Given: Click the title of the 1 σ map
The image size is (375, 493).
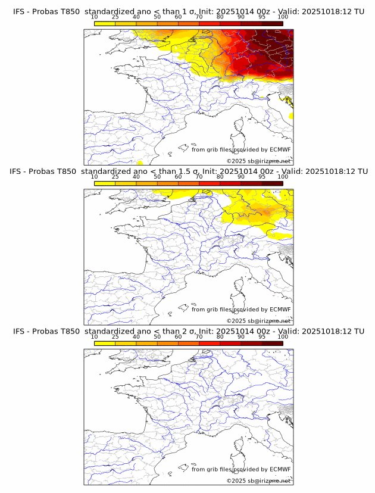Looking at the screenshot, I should pyautogui.click(x=188, y=11).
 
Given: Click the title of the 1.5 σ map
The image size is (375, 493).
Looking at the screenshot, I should pyautogui.click(x=188, y=171).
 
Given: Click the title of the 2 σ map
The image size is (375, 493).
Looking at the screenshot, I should pyautogui.click(x=188, y=330).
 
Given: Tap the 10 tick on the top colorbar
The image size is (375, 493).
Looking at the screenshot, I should pyautogui.click(x=95, y=17).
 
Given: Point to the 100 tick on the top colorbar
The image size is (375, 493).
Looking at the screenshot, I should pyautogui.click(x=283, y=17).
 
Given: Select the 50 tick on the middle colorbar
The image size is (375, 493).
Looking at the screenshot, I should pyautogui.click(x=157, y=177).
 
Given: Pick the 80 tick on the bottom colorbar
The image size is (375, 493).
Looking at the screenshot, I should pyautogui.click(x=220, y=336).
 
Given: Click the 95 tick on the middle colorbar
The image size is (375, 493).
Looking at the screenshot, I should pyautogui.click(x=262, y=177).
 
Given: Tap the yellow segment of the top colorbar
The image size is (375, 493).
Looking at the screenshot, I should pyautogui.click(x=105, y=23).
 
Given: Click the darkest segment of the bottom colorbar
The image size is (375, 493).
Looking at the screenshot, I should pyautogui.click(x=272, y=343).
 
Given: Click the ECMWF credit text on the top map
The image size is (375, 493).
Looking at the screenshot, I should pyautogui.click(x=241, y=149).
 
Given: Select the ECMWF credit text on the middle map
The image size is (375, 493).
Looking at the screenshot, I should pyautogui.click(x=241, y=309).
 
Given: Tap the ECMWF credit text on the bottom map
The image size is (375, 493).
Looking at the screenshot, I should pyautogui.click(x=241, y=469).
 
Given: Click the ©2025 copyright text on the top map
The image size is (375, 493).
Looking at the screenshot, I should pyautogui.click(x=258, y=161).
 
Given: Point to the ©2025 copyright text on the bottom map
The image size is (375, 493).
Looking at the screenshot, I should pyautogui.click(x=258, y=480).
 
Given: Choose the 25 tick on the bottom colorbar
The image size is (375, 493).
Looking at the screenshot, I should pyautogui.click(x=115, y=336).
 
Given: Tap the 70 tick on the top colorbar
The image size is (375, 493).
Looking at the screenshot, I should pyautogui.click(x=199, y=17).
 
